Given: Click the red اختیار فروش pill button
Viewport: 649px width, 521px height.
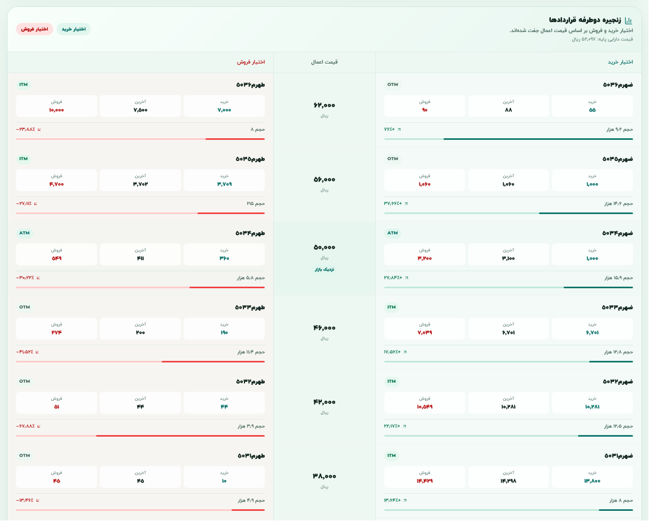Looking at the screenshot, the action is point(34,29).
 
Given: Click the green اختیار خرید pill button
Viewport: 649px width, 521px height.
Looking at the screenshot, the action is point(74,29).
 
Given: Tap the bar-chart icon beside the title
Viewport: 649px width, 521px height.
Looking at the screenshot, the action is point(629,20).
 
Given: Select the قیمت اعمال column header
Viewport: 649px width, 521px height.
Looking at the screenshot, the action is point(324,62).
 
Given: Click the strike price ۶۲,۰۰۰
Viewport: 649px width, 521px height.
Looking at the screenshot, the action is point(324,105).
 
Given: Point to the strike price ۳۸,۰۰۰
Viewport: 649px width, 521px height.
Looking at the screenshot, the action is point(324,476).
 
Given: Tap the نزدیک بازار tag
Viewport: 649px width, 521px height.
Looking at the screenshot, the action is point(324,270).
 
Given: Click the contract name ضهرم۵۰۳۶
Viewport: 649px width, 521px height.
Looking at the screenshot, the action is point(618,85).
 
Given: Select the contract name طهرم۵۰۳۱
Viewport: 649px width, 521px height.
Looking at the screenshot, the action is point(251,455).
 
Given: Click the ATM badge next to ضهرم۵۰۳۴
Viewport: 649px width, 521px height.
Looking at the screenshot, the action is point(392,233).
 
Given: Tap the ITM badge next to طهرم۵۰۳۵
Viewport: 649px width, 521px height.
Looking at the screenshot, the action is point(23,159).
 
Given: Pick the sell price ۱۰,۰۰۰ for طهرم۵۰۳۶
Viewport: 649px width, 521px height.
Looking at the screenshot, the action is point(57,110).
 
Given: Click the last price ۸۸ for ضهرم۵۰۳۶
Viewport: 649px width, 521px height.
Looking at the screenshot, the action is point(509,110).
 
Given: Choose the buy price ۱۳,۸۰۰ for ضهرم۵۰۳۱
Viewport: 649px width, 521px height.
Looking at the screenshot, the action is point(592,481).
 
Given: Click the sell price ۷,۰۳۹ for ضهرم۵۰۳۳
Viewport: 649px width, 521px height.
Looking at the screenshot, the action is point(425,333).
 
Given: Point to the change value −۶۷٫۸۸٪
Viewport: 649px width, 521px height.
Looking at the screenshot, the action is point(25,426).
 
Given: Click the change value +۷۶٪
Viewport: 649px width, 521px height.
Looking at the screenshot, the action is point(389,129).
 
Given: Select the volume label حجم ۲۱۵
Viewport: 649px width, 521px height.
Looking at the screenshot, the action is point(256,203).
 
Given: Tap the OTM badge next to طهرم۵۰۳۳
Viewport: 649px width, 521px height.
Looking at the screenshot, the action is point(25,307).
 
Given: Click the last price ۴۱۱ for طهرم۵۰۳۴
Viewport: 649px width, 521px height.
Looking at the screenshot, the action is point(140,258).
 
